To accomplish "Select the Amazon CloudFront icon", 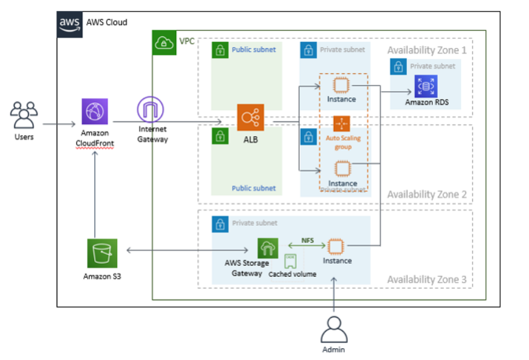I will pos(95,111).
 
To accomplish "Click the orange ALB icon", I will pos(251,118).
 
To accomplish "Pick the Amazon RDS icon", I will pos(426,86).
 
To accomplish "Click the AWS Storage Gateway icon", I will pos(269,248).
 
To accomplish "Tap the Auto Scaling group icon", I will pos(342,124).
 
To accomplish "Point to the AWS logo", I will pos(70,23).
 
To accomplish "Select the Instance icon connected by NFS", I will pos(335,247).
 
